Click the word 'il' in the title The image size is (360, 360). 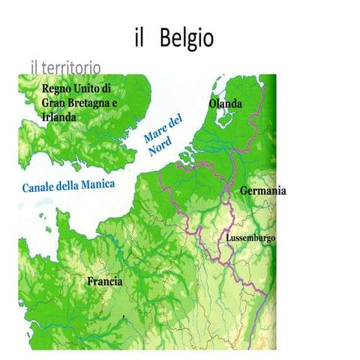[139, 38]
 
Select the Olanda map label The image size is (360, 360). [225, 103]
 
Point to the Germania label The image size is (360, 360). [262, 191]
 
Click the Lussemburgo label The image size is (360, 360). [250, 238]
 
